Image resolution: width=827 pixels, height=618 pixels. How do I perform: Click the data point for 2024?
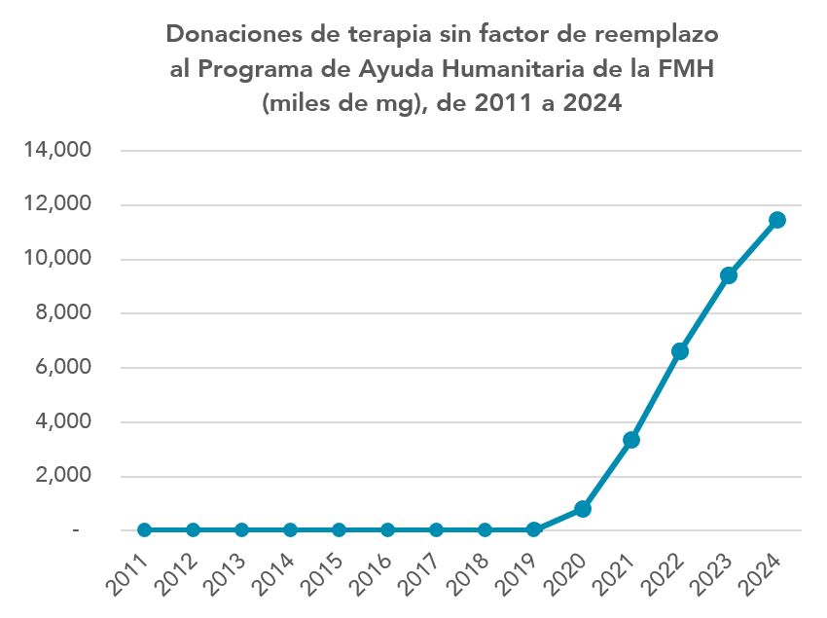777,220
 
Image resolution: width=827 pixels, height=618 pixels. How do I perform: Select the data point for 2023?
729,275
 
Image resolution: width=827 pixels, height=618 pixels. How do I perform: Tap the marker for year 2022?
680,351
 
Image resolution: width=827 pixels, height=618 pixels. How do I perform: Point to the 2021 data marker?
631,440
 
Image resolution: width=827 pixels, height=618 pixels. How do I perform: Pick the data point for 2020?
583,509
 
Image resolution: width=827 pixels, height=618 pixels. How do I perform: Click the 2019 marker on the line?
534,530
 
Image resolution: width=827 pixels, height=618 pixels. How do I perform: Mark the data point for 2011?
144,530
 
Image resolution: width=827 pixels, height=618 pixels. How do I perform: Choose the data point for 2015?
339,530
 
